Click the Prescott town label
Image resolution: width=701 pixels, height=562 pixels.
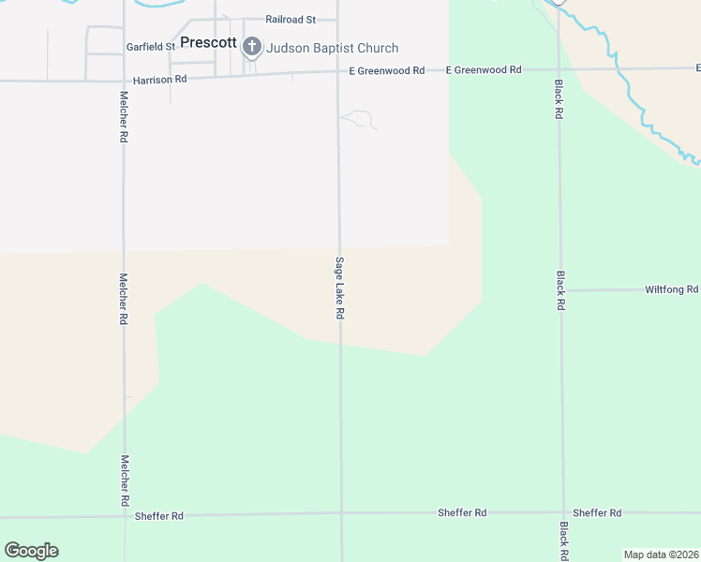point(208,42)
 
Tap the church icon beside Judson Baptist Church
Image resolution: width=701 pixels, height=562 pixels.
point(252,46)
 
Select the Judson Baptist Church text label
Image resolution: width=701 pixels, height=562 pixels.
point(333,48)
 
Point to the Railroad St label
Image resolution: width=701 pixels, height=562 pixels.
point(291,19)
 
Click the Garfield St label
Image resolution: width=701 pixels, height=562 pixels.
point(151,46)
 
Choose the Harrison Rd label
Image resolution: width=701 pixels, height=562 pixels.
point(160,80)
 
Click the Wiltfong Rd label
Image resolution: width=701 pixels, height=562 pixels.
point(671,289)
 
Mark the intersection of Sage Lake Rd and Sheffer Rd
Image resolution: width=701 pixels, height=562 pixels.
point(341,513)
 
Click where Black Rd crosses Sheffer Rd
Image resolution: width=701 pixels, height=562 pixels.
point(563,512)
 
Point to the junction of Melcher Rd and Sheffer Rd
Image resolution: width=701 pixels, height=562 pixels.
point(125,515)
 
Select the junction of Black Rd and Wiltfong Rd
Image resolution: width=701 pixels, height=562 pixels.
point(561,290)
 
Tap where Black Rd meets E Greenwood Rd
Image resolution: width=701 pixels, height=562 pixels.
point(559,69)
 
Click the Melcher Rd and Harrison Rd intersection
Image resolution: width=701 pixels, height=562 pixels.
point(123,81)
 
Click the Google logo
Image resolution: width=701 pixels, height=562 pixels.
point(32,551)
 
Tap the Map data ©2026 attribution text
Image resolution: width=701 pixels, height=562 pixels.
point(662,555)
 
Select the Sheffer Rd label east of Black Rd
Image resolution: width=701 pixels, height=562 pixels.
point(597,512)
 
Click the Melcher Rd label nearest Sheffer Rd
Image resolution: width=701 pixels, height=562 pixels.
point(125,481)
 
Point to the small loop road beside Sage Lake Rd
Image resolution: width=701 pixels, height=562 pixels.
point(360,118)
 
